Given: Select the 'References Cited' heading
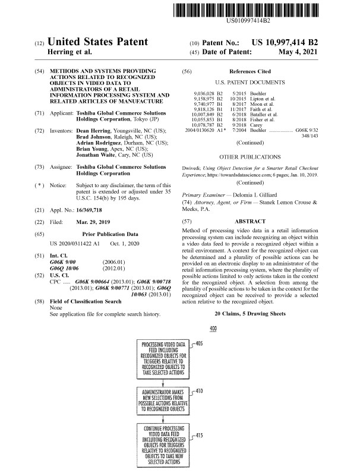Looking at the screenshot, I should click(253, 71).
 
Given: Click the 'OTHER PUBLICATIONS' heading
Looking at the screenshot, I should click(250, 157).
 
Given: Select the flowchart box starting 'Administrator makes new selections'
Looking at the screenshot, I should click(163, 401).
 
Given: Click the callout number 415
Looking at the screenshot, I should click(199, 436).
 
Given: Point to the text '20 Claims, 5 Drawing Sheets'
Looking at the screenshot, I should click(250, 313).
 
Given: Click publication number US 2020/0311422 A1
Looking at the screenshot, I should click(75, 261).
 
